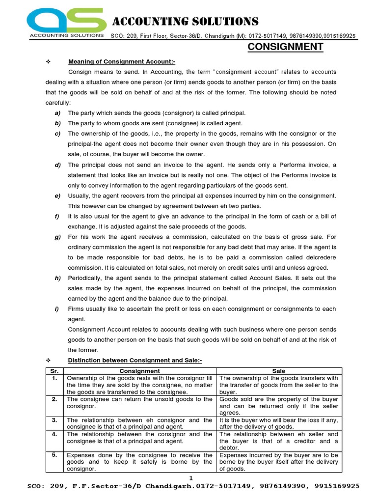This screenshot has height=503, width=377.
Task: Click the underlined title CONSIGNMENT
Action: point(285,47)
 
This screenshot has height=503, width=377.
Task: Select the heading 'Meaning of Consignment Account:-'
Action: point(121,61)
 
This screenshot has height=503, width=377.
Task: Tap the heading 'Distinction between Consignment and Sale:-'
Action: point(135,361)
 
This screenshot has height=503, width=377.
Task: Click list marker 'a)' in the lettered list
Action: point(57,113)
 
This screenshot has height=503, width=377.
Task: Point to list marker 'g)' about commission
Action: point(57,237)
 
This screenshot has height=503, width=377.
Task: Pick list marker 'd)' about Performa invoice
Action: point(57,165)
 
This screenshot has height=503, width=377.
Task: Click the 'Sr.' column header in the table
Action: point(54,371)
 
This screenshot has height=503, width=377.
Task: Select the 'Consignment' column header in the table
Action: point(140,371)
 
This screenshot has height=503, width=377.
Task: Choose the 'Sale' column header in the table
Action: point(279,371)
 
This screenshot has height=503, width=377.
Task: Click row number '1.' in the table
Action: point(54,378)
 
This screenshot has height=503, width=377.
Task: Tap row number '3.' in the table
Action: point(54,420)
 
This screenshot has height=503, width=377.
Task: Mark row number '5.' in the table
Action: point(54,455)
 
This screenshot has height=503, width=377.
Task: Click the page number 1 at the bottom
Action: point(191,477)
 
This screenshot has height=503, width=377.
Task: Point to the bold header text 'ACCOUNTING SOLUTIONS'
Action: point(186,21)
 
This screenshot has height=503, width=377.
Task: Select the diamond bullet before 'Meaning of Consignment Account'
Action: point(48,61)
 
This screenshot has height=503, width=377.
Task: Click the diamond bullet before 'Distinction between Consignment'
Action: point(48,361)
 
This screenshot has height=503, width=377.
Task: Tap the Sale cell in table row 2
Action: point(279,406)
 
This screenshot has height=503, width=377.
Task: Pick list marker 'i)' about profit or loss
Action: point(57,309)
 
